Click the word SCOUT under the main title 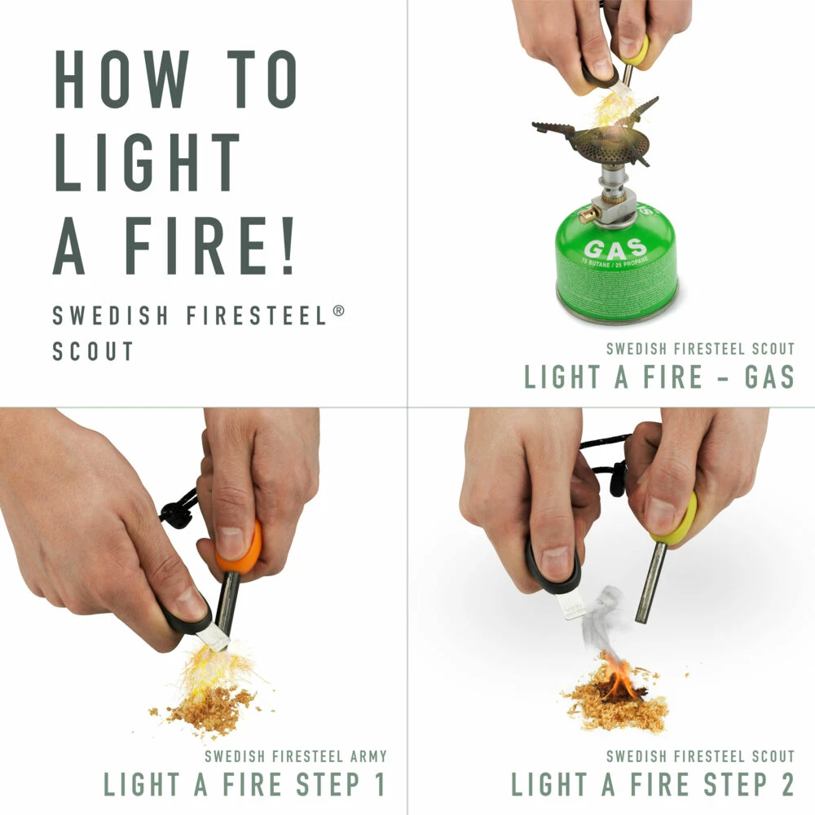click(x=93, y=351)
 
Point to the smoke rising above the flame click(x=605, y=615)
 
